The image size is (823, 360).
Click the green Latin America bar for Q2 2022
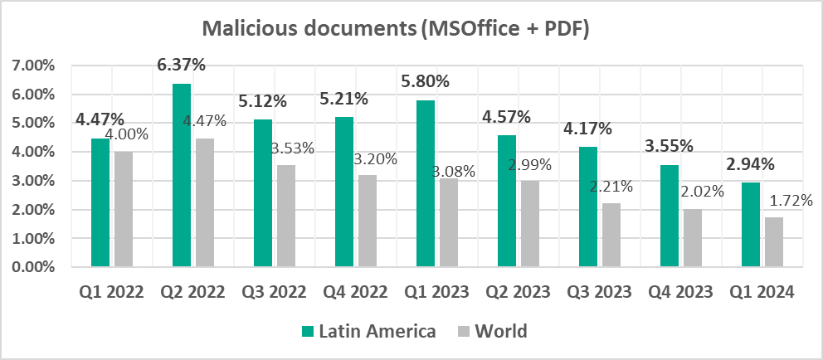[x=182, y=176]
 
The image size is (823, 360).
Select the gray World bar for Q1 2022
[x=124, y=210]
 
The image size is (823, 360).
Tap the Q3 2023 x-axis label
[x=600, y=292]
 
